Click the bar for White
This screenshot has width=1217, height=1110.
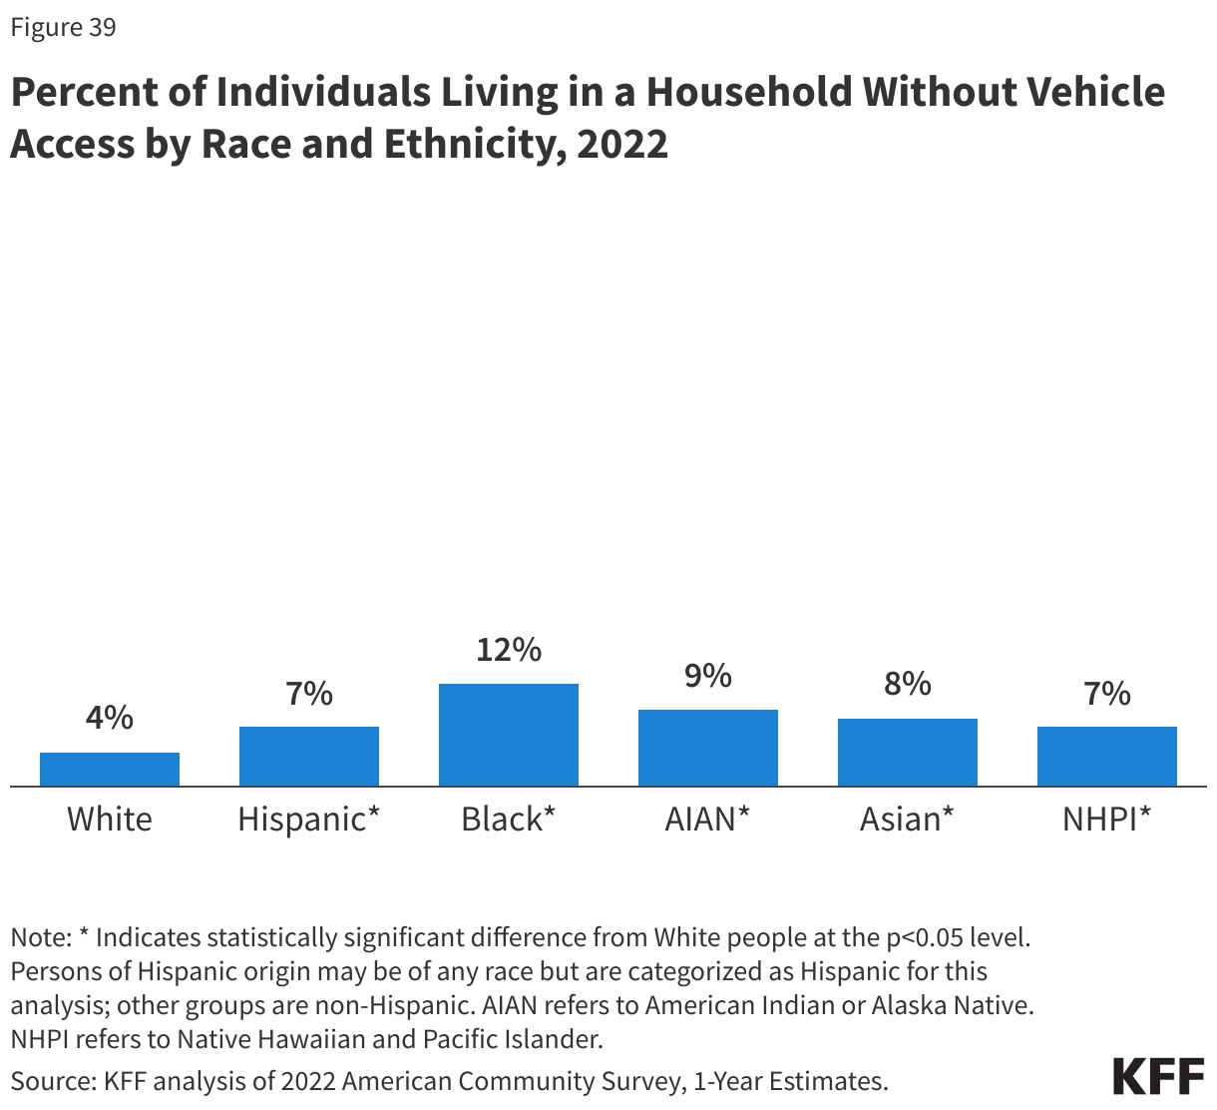[x=110, y=770]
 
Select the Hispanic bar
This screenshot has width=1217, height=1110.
[x=309, y=757]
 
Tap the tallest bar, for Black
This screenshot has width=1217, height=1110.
[x=509, y=735]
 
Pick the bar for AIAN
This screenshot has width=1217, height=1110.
[x=708, y=748]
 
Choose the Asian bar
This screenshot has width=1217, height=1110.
[x=908, y=753]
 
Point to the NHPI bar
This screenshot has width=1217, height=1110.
[x=1107, y=757]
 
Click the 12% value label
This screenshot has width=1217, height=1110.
[x=509, y=651]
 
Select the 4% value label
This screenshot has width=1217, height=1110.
[x=110, y=718]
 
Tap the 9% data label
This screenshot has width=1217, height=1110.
[x=708, y=677]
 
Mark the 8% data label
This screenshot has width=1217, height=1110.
[x=908, y=685]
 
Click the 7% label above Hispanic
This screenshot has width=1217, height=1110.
[x=309, y=694]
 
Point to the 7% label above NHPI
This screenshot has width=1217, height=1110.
[x=1107, y=694]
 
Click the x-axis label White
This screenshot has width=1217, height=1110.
[x=110, y=820]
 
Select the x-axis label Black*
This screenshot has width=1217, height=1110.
[x=509, y=820]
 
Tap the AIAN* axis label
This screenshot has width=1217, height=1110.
[x=708, y=820]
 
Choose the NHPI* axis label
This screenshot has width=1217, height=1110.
[x=1107, y=820]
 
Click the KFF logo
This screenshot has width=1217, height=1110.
[x=1158, y=1077]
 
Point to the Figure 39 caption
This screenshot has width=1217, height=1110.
[x=64, y=28]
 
